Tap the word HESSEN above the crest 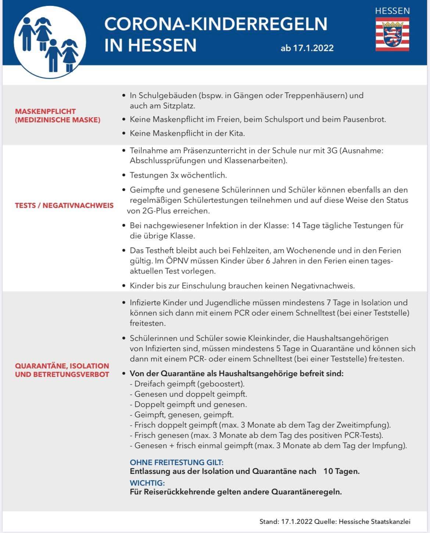pyautogui.click(x=392, y=11)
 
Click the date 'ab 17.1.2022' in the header pyautogui.click(x=307, y=48)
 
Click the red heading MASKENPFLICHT pyautogui.click(x=45, y=111)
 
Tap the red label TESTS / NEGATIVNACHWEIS pyautogui.click(x=64, y=205)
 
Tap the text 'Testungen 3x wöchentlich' pyautogui.click(x=178, y=175)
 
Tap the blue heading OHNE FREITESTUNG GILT pyautogui.click(x=176, y=462)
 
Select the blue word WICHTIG pyautogui.click(x=147, y=483)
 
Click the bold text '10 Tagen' pyautogui.click(x=341, y=471)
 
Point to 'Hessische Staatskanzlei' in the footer pyautogui.click(x=375, y=521)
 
